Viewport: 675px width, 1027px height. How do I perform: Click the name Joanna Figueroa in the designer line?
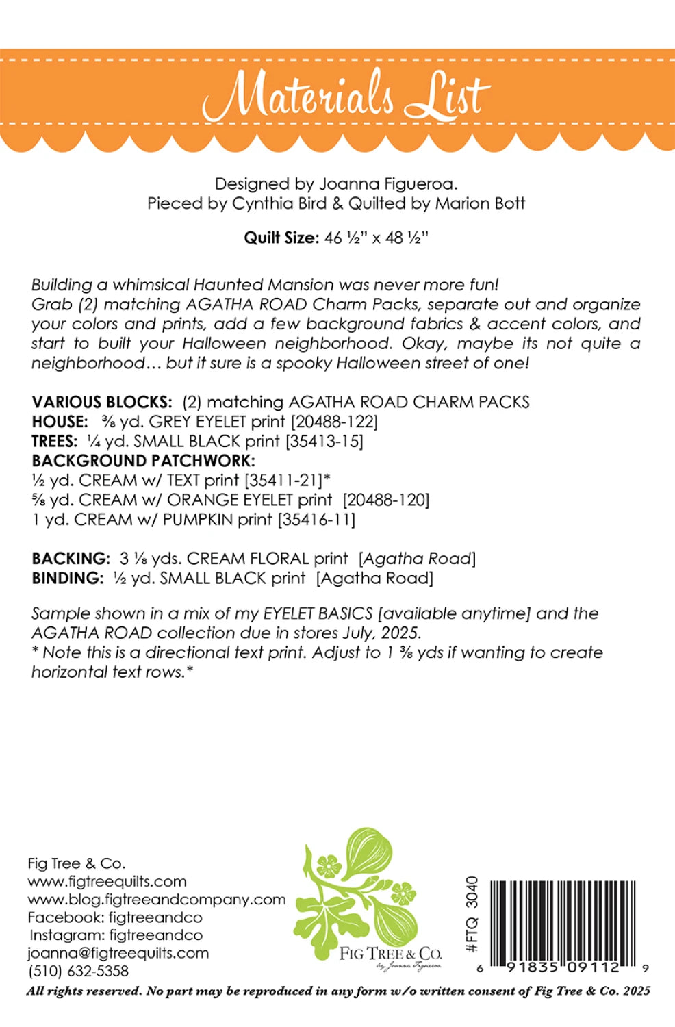(x=387, y=183)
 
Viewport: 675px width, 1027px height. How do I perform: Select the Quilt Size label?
(x=281, y=238)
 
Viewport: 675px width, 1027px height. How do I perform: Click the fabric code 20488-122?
(x=335, y=422)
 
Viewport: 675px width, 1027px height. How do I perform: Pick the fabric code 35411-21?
(x=283, y=481)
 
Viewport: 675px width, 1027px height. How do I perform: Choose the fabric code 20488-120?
(x=386, y=500)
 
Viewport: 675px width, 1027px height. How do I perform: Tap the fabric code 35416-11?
(x=316, y=520)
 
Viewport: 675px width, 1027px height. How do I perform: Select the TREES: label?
(x=55, y=442)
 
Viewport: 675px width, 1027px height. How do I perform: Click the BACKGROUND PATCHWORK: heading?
(x=143, y=461)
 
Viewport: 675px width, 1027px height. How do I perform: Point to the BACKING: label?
(x=71, y=559)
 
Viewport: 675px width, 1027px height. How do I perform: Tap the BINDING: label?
(x=68, y=579)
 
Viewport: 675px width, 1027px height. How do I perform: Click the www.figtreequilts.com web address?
(x=107, y=882)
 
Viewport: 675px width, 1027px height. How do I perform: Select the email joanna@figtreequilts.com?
(x=118, y=953)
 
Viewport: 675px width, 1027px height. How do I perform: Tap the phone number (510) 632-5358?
(x=78, y=971)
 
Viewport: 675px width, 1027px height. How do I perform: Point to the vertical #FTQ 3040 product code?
(x=472, y=914)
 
